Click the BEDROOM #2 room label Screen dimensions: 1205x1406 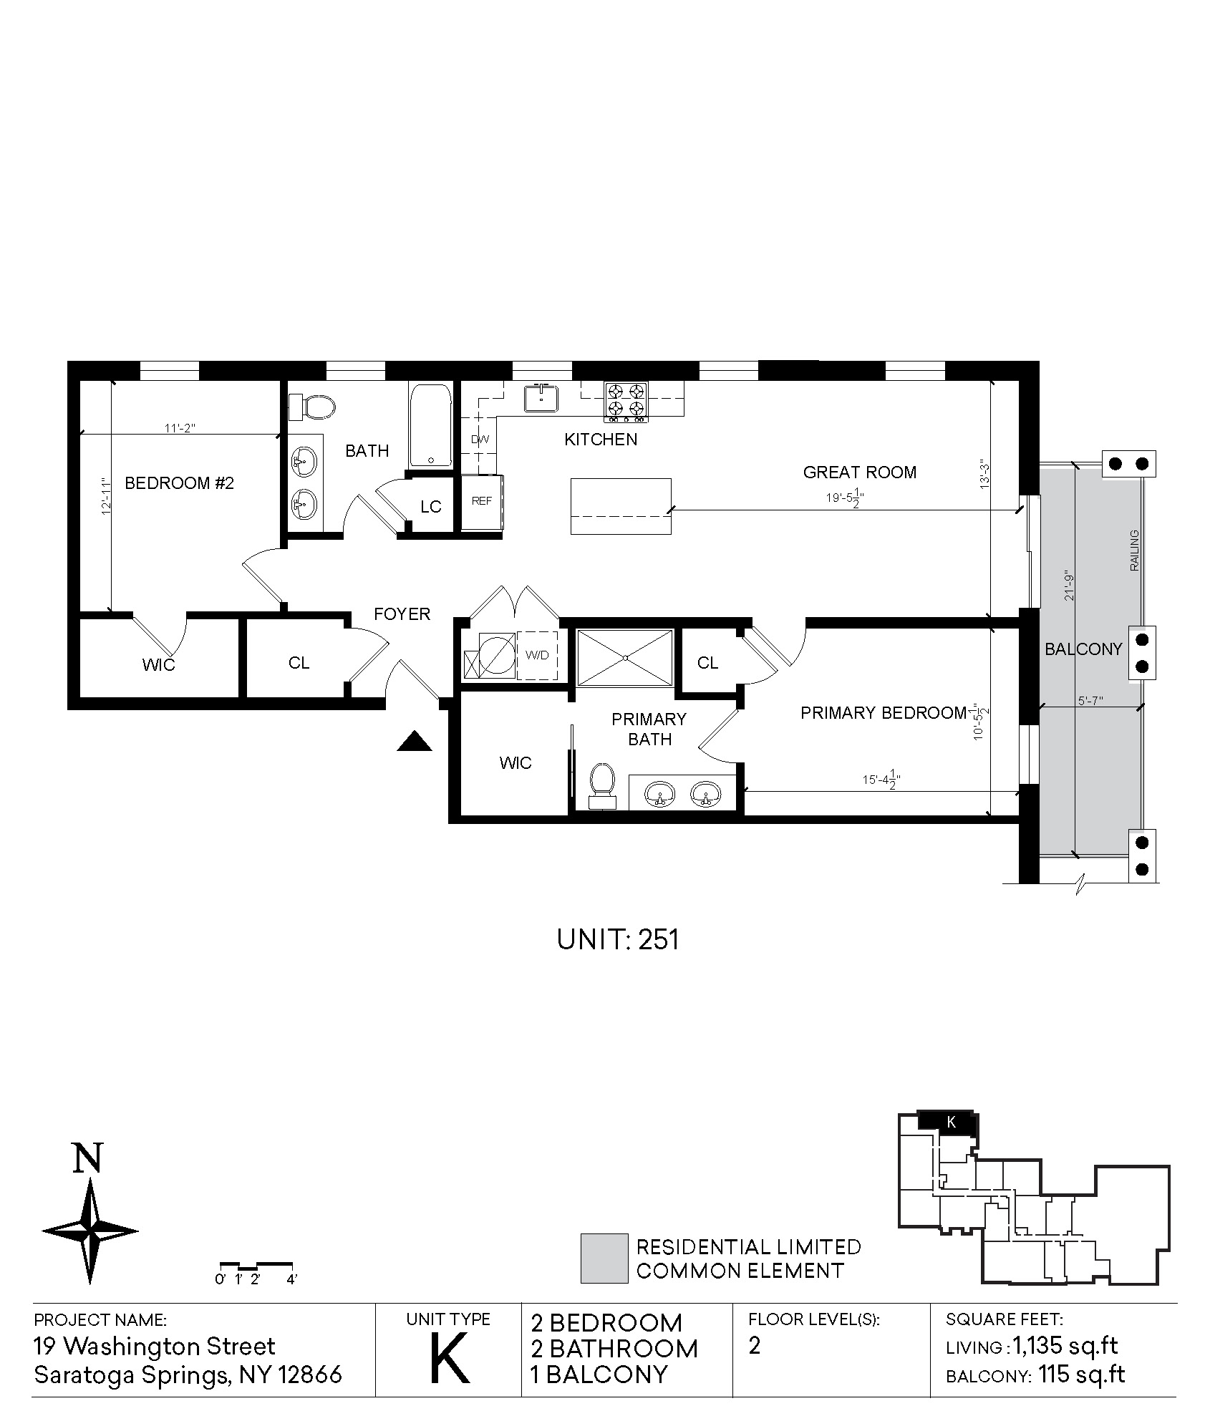pos(179,483)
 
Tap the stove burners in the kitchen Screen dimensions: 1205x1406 pos(626,400)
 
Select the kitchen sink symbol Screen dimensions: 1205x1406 pos(542,398)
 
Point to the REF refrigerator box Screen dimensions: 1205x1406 pos(482,502)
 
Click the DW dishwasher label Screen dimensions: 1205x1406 pos(480,440)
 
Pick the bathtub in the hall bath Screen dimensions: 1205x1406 pos(430,425)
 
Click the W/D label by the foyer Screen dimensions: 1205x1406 pos(537,655)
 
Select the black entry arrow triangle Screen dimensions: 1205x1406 pos(415,741)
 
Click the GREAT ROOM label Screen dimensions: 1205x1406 pos(859,472)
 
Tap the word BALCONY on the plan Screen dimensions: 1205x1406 pos(1083,649)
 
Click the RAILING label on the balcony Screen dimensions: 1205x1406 pos(1134,551)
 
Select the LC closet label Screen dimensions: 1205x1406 pos(431,507)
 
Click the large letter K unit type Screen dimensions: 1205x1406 pos(450,1358)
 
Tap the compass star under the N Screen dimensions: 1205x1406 pos(90,1231)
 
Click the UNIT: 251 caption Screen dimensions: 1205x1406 pos(618,939)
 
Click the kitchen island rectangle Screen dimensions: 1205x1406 pos(621,506)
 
